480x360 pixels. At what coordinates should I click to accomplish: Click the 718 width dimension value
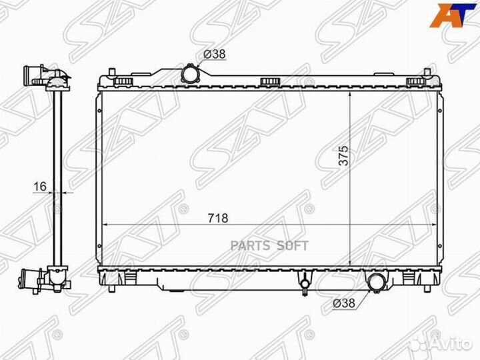tap(218, 218)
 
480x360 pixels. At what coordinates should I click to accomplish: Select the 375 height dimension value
tap(343, 156)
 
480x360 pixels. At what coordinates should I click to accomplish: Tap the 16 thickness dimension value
tap(40, 186)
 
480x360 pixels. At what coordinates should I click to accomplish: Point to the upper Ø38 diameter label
tap(215, 54)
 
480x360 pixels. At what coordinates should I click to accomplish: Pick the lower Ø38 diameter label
tap(344, 303)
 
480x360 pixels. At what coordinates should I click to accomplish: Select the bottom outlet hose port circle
tap(375, 281)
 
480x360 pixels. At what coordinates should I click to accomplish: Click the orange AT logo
tap(454, 15)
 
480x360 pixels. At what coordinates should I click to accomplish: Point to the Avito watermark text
tap(450, 344)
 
